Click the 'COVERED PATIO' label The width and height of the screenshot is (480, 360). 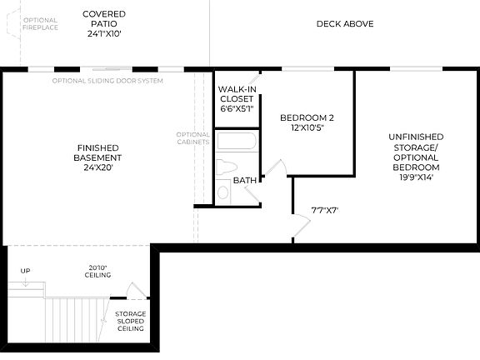(x=103, y=19)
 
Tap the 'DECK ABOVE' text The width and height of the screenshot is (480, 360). (x=344, y=24)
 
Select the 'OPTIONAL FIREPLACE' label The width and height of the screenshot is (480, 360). (x=41, y=24)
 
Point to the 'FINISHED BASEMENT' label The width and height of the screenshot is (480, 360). (x=97, y=152)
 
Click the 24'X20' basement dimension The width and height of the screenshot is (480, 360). (x=97, y=167)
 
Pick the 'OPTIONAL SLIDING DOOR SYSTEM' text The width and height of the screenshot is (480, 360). (x=107, y=81)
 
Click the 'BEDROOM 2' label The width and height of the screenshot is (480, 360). (x=307, y=117)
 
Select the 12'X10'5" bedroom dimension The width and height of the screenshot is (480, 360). (x=307, y=128)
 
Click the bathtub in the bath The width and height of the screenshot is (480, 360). (x=237, y=141)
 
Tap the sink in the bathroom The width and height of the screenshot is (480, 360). (x=223, y=192)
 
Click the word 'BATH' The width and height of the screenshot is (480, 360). (x=245, y=180)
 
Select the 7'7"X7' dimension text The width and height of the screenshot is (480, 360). (x=324, y=210)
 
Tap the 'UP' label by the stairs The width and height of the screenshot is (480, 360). (x=26, y=271)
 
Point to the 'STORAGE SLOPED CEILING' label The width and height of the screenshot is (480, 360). (x=130, y=321)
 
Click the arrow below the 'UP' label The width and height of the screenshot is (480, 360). (x=26, y=282)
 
